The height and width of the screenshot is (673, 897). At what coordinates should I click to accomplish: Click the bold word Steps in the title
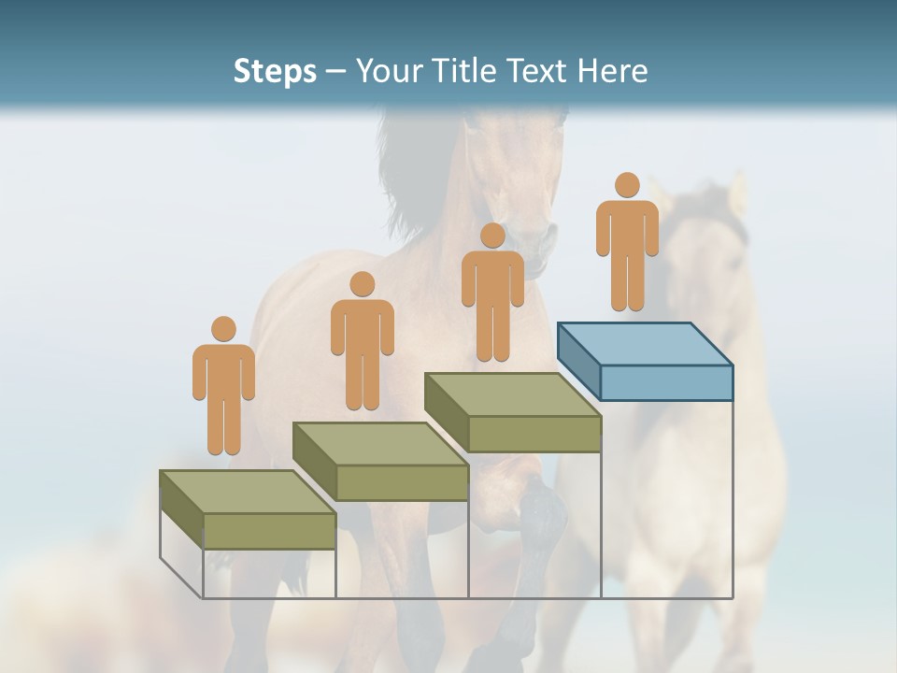275,71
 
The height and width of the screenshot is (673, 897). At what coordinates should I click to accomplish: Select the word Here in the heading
612,71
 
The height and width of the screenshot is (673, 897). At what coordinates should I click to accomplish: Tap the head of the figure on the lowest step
223,329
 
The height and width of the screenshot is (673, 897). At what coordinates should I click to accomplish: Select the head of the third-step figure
492,235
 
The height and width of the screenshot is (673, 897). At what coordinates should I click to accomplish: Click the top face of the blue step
645,344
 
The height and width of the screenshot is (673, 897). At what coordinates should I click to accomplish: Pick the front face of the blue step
666,382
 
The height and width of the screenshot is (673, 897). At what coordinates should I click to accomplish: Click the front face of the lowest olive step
269,531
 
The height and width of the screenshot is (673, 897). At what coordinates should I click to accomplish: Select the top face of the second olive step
379,443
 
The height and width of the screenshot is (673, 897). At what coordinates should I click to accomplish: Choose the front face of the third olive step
534,434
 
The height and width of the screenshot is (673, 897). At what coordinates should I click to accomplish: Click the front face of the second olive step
402,482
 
